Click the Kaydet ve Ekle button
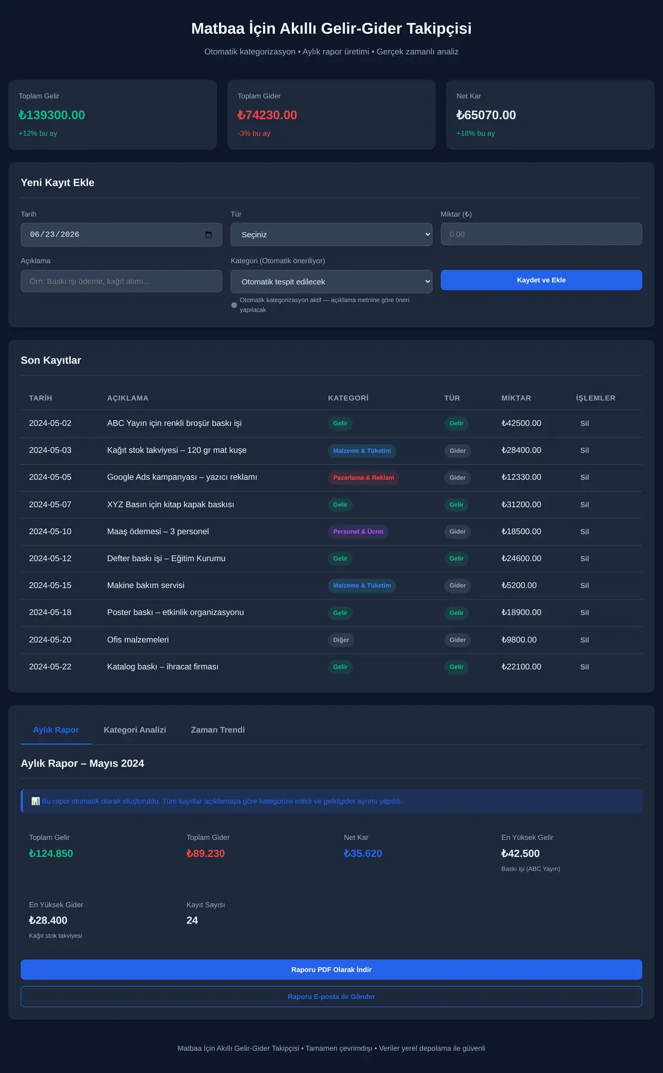pos(541,280)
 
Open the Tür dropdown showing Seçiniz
pos(331,234)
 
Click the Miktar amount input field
pos(541,234)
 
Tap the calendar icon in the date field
pos(208,235)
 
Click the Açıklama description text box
pos(121,281)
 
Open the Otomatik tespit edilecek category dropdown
pos(331,282)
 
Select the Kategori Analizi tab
pos(135,730)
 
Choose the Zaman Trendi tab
pos(218,730)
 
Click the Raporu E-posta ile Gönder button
pos(331,997)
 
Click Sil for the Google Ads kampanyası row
pos(585,477)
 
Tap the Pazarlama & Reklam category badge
pos(364,478)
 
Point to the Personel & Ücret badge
pos(358,532)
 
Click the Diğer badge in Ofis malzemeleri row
pos(341,640)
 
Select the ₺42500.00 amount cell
pos(521,423)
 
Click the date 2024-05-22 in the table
pos(50,667)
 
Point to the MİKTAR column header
pos(516,398)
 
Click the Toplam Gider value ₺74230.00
pos(267,115)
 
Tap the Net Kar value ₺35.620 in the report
pos(363,854)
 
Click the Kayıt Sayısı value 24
pos(192,921)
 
